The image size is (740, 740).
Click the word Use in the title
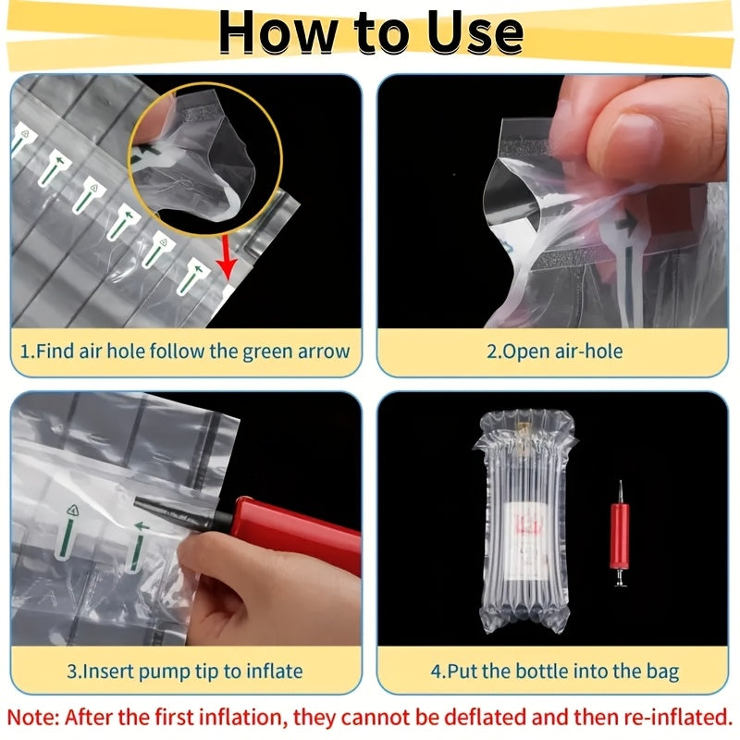coord(475,32)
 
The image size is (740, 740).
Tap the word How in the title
coord(278,32)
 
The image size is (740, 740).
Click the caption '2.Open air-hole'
coord(554,351)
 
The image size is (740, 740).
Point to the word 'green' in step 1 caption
coord(267,351)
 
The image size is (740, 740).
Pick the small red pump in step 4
coord(620,535)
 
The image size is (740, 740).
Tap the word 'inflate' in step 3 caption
coord(275,672)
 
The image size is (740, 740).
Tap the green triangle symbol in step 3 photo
coord(72,510)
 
